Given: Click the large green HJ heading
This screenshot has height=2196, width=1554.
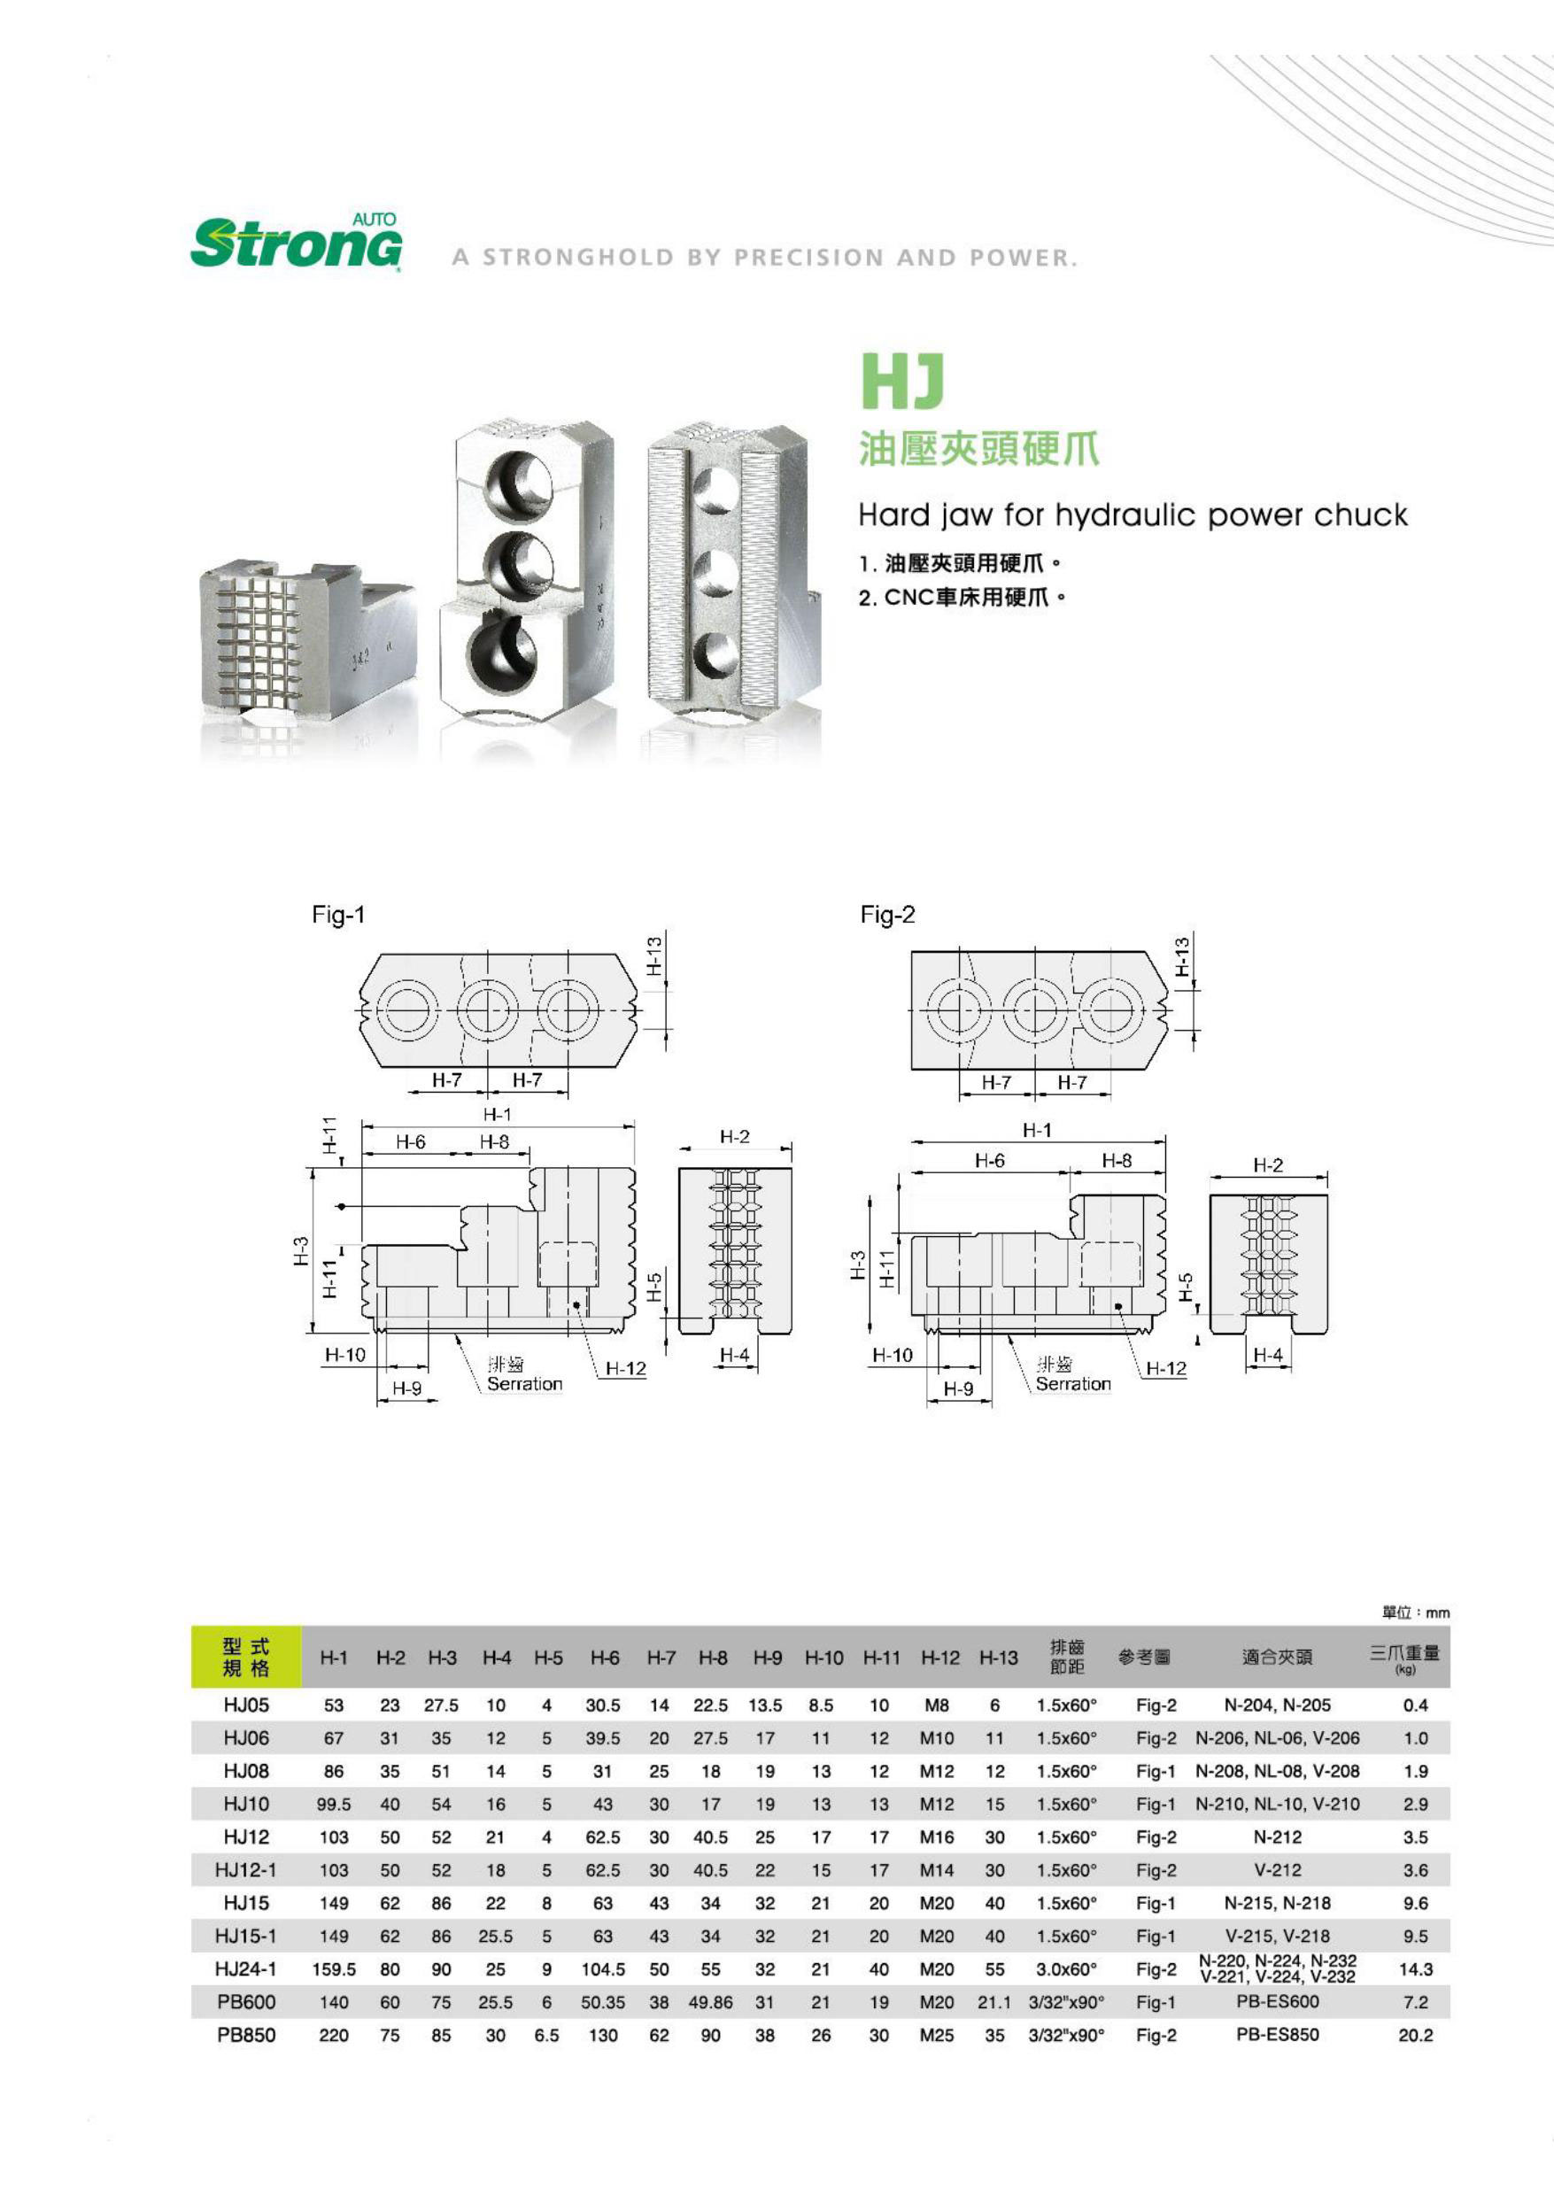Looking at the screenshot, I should (901, 381).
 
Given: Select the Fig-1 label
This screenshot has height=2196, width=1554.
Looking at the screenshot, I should (337, 915).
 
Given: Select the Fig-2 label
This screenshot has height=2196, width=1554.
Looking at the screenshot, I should (887, 915).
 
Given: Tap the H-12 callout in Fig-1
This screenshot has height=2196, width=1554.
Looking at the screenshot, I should (625, 1369).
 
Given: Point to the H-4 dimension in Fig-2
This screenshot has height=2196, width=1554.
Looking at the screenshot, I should (1267, 1355).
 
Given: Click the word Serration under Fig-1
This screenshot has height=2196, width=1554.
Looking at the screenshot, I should (524, 1384).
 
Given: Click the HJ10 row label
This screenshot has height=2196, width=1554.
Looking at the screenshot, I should (246, 1804).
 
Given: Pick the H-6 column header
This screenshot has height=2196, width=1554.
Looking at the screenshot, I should (604, 1659).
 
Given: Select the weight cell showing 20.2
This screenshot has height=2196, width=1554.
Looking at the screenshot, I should (1414, 2035).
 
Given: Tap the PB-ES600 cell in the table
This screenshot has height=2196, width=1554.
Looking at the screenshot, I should (1277, 2002).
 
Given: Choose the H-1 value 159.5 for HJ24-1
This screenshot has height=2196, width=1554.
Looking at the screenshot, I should (334, 1969).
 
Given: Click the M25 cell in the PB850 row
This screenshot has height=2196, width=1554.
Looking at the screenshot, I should (936, 2035).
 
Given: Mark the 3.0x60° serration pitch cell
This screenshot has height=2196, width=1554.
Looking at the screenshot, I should (1066, 1969).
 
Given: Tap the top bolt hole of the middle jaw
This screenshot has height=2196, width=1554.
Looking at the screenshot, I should (520, 483).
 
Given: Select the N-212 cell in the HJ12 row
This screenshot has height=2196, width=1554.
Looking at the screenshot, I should (1277, 1837).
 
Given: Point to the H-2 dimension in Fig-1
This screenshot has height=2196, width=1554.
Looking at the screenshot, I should (734, 1137).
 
